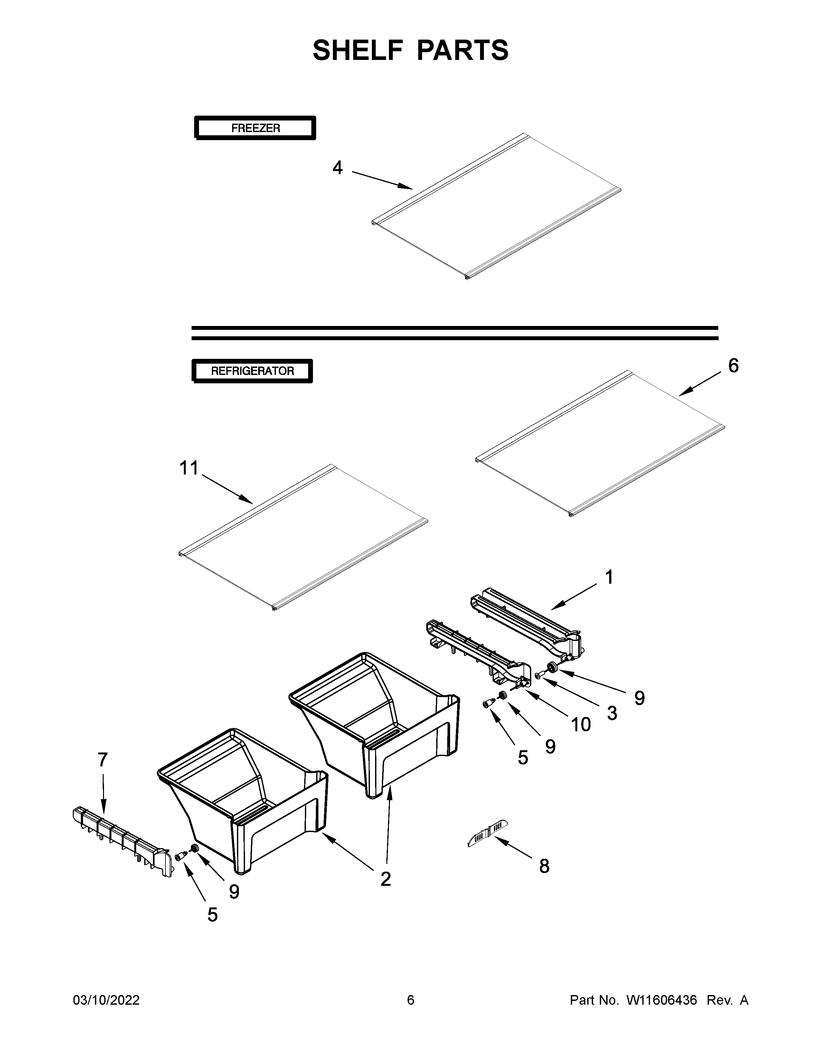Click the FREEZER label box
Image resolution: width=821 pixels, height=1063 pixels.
click(x=255, y=128)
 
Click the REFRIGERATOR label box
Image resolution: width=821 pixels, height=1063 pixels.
click(x=252, y=371)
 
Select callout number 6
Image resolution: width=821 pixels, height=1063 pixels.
click(x=733, y=366)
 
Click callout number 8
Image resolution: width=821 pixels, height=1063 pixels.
click(x=544, y=867)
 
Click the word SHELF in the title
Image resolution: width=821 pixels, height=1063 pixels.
click(x=358, y=50)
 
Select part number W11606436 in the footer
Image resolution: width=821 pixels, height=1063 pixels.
click(x=662, y=1000)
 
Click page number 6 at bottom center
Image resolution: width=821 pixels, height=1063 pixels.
click(x=410, y=1000)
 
